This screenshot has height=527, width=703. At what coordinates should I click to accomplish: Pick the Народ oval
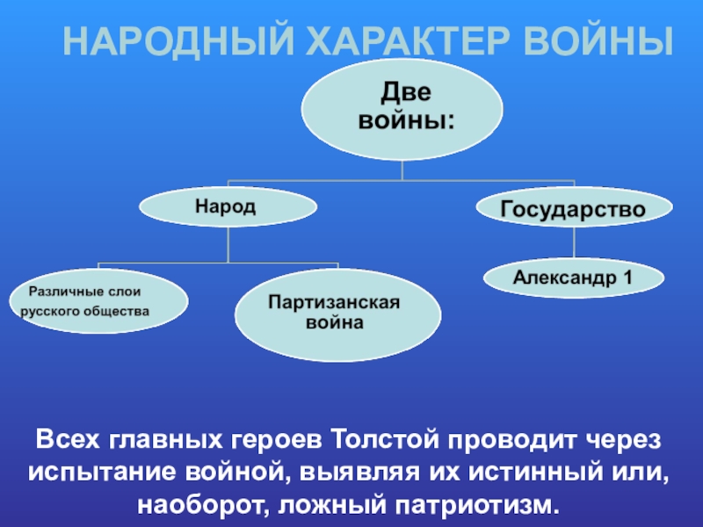pos(227,207)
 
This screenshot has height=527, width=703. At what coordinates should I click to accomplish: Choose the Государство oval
pos(573,209)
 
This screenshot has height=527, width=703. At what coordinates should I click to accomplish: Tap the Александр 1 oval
pos(573,278)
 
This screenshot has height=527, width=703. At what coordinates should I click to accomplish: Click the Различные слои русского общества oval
pos(104,300)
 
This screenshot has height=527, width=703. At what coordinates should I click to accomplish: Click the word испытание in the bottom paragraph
pos(105,472)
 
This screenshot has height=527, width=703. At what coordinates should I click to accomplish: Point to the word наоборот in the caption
pos(195,505)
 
